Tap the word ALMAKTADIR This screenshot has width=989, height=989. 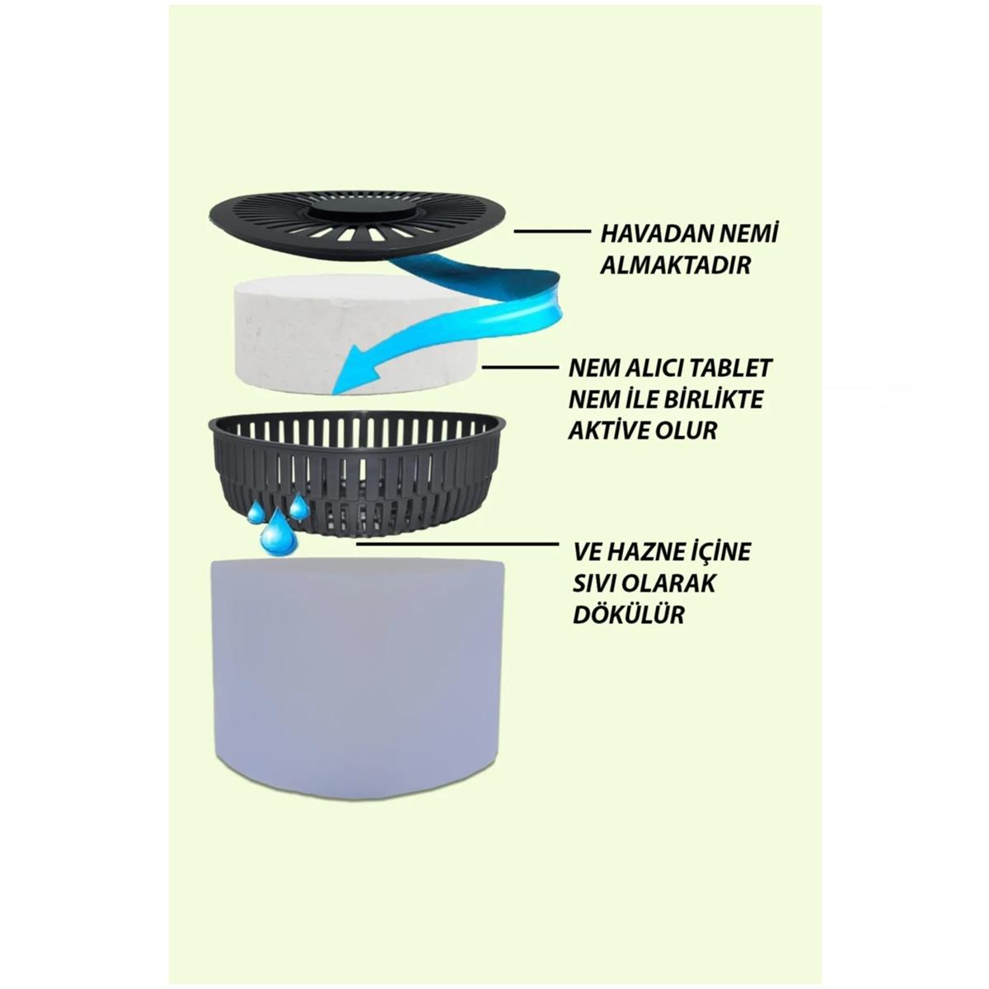(676, 265)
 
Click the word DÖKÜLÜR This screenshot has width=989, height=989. (628, 614)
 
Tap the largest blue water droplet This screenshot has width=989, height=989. (277, 535)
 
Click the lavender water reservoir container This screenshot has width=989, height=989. (358, 672)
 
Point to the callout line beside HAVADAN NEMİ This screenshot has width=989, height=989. (551, 232)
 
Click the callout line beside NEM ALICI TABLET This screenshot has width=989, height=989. (520, 367)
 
